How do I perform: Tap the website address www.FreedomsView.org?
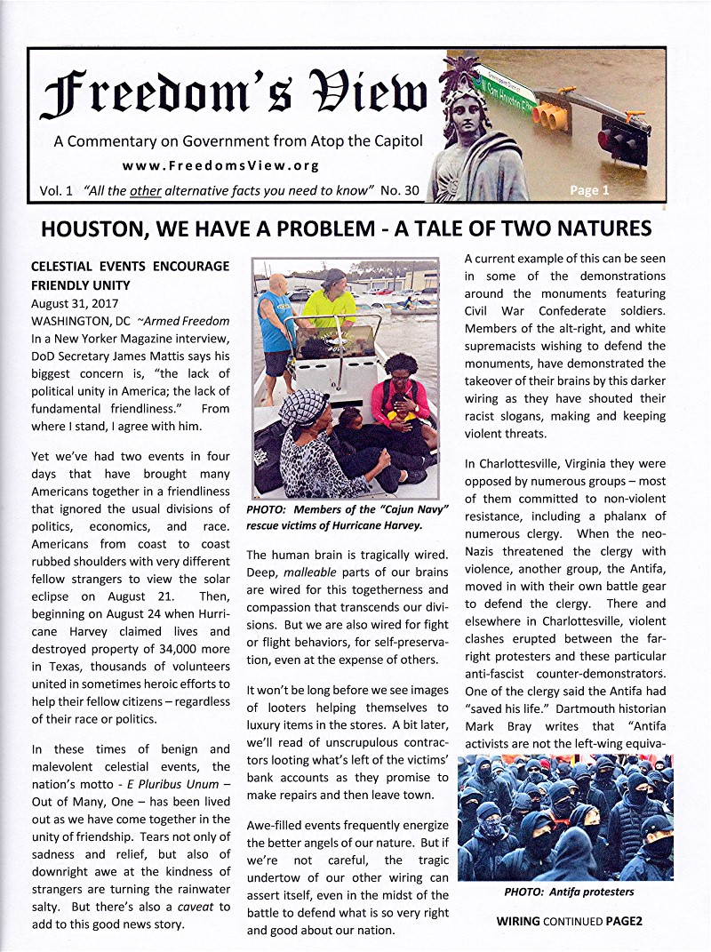pos(220,165)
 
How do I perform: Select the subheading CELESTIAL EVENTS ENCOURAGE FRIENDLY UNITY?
pos(130,276)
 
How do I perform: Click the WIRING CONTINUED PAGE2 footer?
pos(569,922)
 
